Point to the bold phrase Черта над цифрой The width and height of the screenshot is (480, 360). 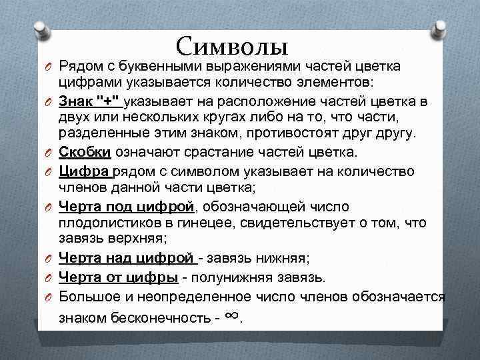click(x=127, y=259)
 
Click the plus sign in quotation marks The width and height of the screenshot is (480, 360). click(x=109, y=101)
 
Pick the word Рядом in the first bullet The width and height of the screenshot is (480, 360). click(x=78, y=67)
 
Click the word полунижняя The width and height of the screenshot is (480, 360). click(x=241, y=276)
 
